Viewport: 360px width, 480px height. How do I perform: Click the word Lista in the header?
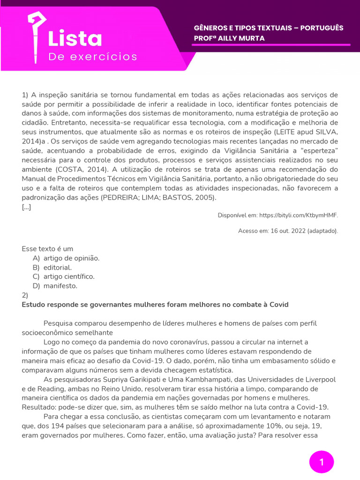(75, 39)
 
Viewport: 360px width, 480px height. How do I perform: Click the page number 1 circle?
(322, 462)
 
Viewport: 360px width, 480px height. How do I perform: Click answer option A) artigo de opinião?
(66, 258)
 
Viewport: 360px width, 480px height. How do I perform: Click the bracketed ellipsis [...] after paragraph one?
(26, 207)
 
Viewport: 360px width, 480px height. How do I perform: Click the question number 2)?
(25, 295)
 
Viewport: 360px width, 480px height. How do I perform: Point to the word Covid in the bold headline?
(279, 305)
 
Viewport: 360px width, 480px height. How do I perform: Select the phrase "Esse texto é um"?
(47, 249)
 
